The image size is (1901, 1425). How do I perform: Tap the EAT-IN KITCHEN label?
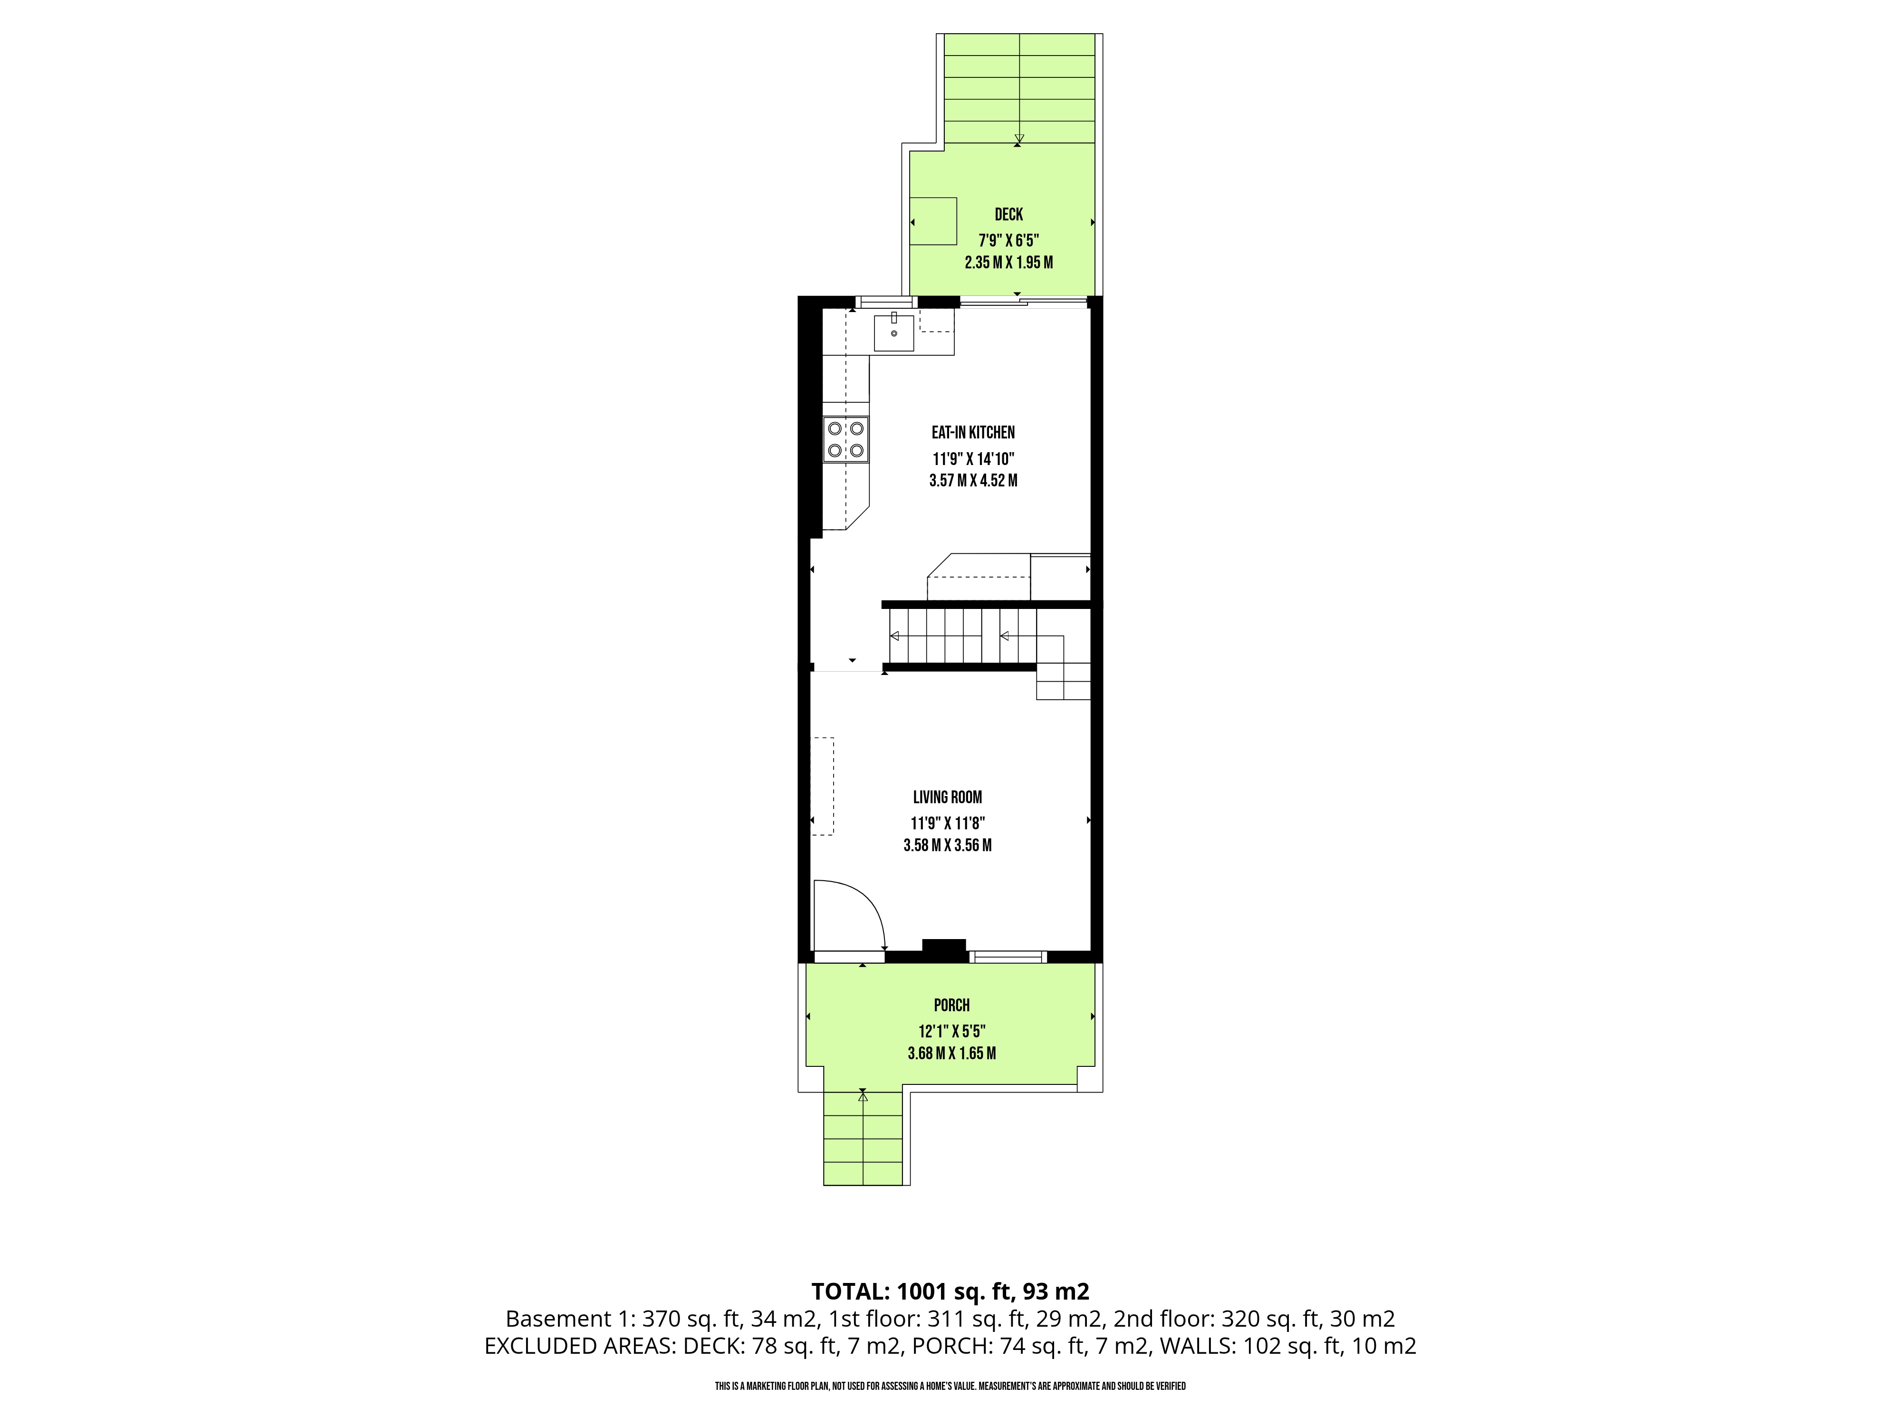pyautogui.click(x=973, y=433)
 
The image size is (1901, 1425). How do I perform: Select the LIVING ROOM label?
pyautogui.click(x=947, y=797)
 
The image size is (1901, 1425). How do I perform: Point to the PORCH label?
pyautogui.click(x=951, y=1005)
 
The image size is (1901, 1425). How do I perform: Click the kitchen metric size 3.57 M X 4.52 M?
pyautogui.click(x=973, y=481)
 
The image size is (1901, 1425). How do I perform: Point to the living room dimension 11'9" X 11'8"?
pyautogui.click(x=947, y=823)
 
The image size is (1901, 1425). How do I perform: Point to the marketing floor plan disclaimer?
pyautogui.click(x=950, y=1387)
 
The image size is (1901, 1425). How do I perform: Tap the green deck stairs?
pyautogui.click(x=1019, y=88)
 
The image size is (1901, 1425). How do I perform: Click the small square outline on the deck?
pyautogui.click(x=933, y=222)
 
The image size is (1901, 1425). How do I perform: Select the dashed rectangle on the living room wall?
pyautogui.click(x=823, y=786)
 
